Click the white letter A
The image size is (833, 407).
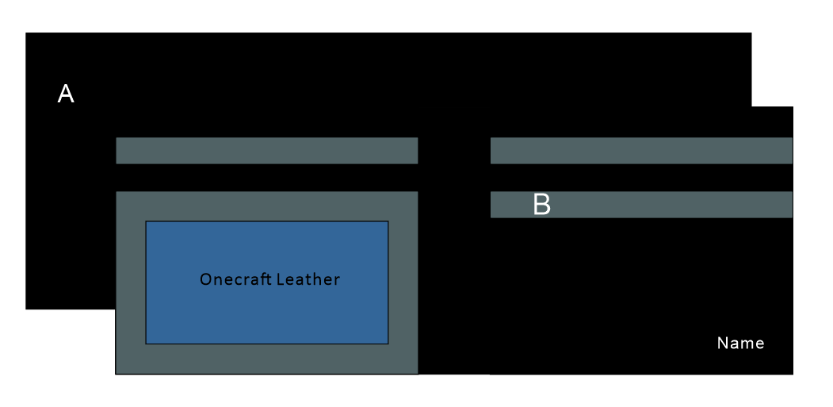coord(66,94)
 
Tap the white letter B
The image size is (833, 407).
coord(541,205)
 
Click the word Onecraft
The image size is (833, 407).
coord(231,279)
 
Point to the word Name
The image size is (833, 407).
coord(740,344)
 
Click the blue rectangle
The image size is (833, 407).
coord(266,317)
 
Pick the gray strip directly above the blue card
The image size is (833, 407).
coord(266,151)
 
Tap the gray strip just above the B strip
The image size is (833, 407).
coord(641,151)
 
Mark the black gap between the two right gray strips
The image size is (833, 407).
coord(641,178)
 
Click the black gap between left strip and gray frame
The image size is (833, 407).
coord(266,178)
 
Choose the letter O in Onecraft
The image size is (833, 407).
coord(205,279)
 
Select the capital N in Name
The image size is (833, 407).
coord(722,344)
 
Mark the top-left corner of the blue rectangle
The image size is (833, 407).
coord(147,222)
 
